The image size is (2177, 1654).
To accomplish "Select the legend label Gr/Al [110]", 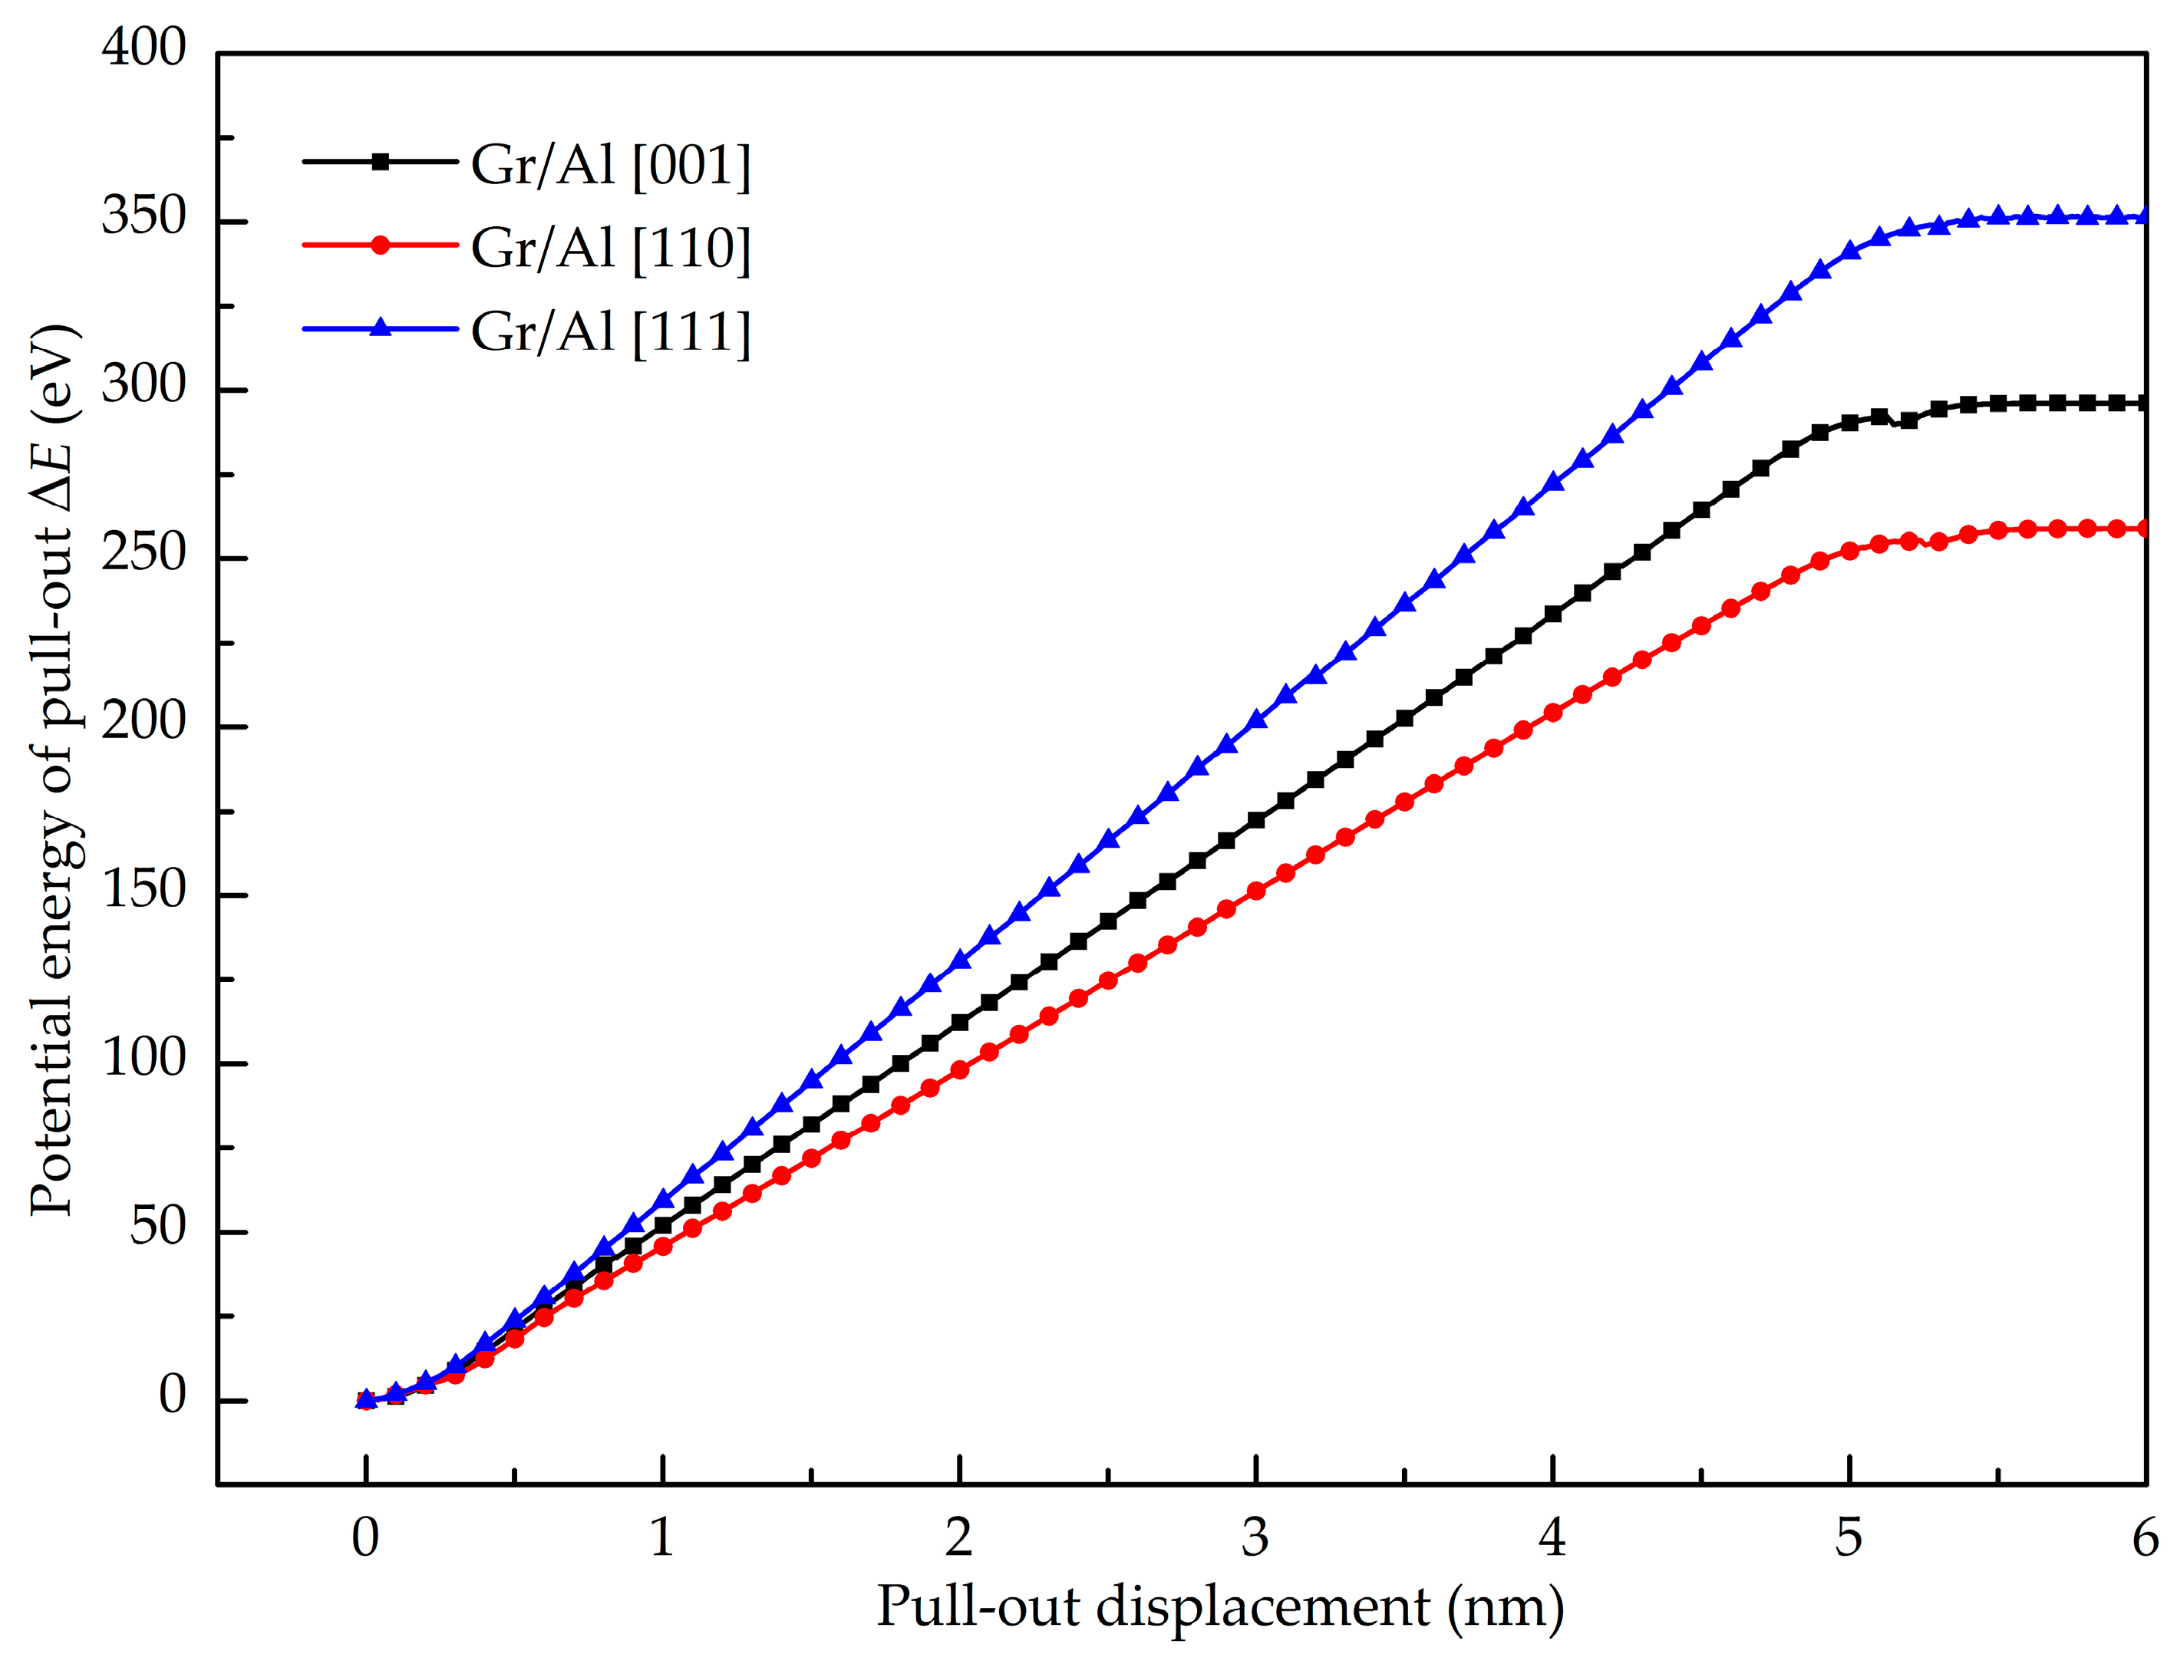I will click(611, 247).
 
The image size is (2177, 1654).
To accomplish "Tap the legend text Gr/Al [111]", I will click(611, 331).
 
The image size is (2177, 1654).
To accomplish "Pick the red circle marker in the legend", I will click(380, 245).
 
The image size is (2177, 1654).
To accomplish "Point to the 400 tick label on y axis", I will click(143, 48).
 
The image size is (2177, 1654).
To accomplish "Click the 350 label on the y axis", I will click(143, 216).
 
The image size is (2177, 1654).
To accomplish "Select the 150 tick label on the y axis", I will click(143, 891).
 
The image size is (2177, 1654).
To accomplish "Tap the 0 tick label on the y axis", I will click(173, 1396).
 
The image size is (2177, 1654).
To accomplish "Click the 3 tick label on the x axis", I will click(1255, 1538).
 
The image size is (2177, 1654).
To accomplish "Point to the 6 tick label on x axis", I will click(2146, 1538).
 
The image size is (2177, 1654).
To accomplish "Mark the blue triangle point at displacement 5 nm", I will click(1850, 250).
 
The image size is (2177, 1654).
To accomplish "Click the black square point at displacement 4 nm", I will click(1552, 614).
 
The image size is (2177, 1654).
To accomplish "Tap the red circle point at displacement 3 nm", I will click(1256, 891).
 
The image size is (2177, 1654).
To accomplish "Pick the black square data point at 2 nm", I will click(960, 1023).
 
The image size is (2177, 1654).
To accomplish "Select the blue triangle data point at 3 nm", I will click(1256, 720).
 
